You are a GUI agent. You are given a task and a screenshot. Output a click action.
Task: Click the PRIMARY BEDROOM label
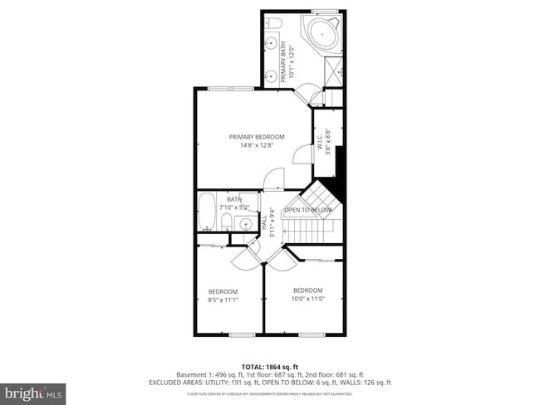coord(257,137)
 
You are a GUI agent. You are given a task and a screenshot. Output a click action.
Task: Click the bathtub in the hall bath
coord(208,212)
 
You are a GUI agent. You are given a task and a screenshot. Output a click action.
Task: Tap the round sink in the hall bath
coord(246,223)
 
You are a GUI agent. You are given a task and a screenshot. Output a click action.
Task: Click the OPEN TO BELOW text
coord(308,210)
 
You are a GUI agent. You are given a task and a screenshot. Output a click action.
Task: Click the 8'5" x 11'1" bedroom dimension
coord(223,300)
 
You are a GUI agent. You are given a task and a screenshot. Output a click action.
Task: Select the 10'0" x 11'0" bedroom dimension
coord(307,299)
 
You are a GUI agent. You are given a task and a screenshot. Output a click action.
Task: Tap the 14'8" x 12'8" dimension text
coord(257,146)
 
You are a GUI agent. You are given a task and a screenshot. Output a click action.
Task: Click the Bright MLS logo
coord(33,390)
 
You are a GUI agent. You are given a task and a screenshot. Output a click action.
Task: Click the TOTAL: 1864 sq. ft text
coord(269,366)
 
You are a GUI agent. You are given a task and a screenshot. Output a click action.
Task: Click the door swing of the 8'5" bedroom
coord(244,259)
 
